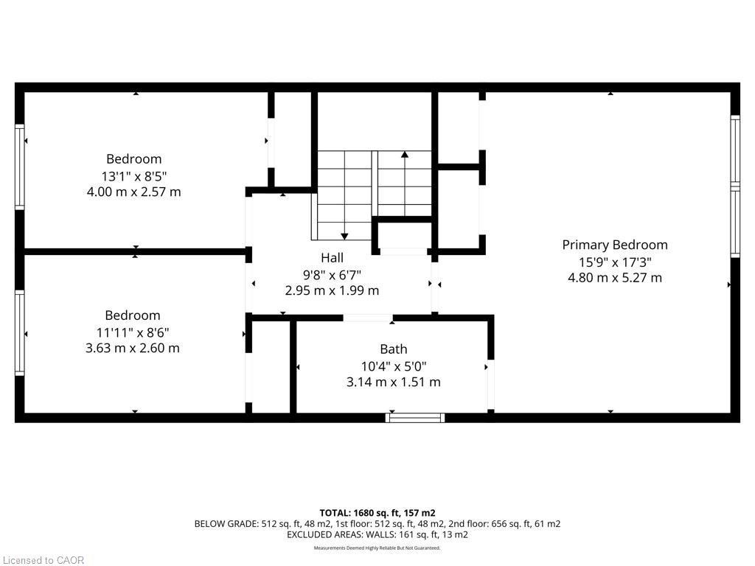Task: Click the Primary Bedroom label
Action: pyautogui.click(x=614, y=245)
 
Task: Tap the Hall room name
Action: pyautogui.click(x=332, y=257)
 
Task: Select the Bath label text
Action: pyautogui.click(x=393, y=349)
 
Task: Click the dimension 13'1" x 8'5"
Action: pyautogui.click(x=133, y=175)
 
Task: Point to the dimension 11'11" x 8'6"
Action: pyautogui.click(x=132, y=332)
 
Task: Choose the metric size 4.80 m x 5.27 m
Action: pyautogui.click(x=614, y=278)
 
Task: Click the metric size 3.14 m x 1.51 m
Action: pyautogui.click(x=393, y=382)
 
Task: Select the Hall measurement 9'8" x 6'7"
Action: pyautogui.click(x=332, y=274)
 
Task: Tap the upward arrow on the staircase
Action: pyautogui.click(x=404, y=155)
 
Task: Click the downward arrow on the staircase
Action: pyautogui.click(x=344, y=235)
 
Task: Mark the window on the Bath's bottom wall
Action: pyautogui.click(x=415, y=418)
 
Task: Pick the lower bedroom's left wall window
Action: pyautogui.click(x=20, y=332)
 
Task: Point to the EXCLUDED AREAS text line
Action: pyautogui.click(x=377, y=535)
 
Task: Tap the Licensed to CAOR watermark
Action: pyautogui.click(x=43, y=560)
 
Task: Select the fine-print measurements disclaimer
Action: pyautogui.click(x=377, y=548)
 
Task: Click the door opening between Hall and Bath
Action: pyautogui.click(x=367, y=318)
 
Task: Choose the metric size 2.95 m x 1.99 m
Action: pyautogui.click(x=332, y=290)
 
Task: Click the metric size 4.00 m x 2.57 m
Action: pyautogui.click(x=133, y=192)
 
